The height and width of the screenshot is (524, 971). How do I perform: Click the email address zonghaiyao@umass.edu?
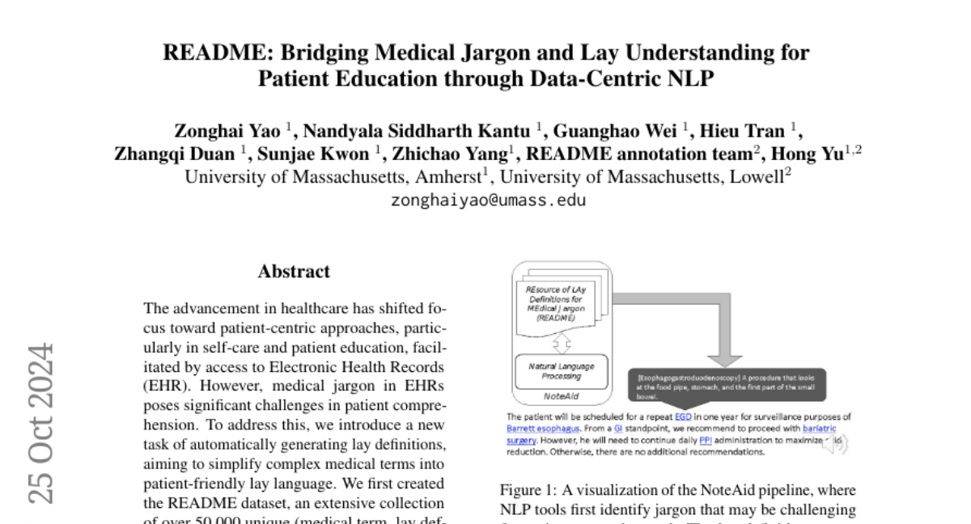[x=488, y=200]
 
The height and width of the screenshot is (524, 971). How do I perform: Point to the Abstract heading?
[x=294, y=272]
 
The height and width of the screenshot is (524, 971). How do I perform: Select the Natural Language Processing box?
[x=561, y=371]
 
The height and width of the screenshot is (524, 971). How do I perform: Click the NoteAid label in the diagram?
[x=561, y=396]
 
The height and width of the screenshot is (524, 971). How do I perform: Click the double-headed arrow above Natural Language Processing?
[x=561, y=343]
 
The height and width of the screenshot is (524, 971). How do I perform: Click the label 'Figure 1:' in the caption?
[x=527, y=490]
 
